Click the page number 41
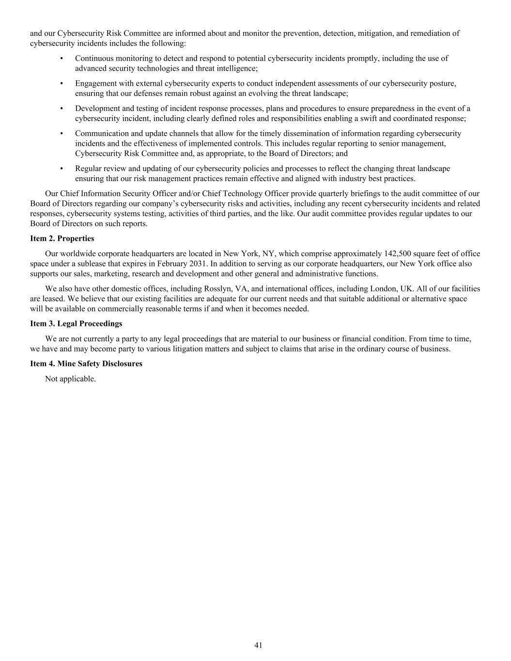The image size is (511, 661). (258, 645)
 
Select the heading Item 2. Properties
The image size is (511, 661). (62, 239)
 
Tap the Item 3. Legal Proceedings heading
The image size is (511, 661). (76, 323)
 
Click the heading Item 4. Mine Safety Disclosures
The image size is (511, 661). (86, 364)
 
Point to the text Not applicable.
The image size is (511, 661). (70, 379)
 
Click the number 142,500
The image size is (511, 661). (397, 254)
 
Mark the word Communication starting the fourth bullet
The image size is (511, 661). (101, 134)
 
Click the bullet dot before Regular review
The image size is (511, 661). (62, 169)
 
